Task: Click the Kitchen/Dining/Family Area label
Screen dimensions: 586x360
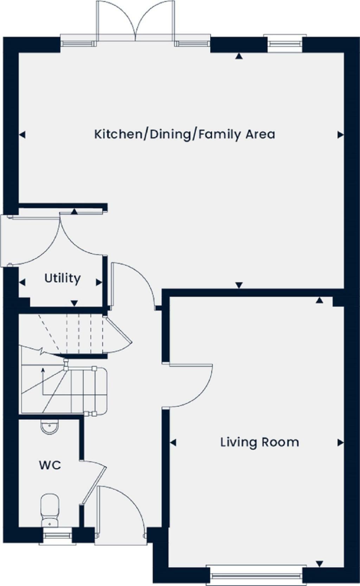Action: pos(184,134)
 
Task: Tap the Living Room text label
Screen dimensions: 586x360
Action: pos(259,442)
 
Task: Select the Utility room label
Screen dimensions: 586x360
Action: pos(62,278)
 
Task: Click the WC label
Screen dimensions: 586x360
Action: pos(50,465)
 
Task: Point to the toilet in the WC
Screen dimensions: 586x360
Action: pos(50,510)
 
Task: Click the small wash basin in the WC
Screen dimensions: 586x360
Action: pos(50,427)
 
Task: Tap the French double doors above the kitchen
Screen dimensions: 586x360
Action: pos(136,21)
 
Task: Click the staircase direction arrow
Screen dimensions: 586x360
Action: pos(43,370)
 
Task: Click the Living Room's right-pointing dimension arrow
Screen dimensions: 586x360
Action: pos(340,443)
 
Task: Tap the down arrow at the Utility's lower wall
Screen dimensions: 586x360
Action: pos(74,303)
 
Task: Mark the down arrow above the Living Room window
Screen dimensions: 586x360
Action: pos(319,564)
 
